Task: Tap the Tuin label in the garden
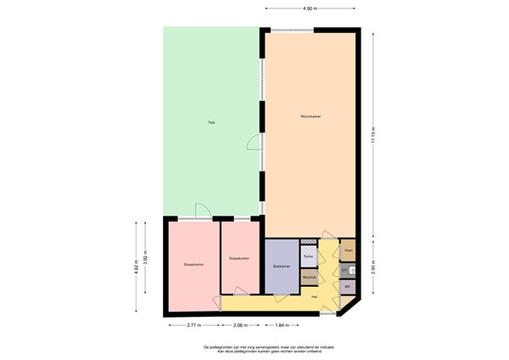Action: pos(211,123)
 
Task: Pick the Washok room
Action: pos(309,276)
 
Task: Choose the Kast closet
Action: pos(348,251)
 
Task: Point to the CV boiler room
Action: pos(344,270)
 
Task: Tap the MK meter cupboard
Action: pos(347,287)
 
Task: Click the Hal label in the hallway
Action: pos(314,296)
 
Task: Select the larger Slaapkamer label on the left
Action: pos(193,265)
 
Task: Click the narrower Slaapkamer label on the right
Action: pos(238,258)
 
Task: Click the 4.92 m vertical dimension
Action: pos(136,265)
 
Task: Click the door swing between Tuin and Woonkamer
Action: pos(253,143)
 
